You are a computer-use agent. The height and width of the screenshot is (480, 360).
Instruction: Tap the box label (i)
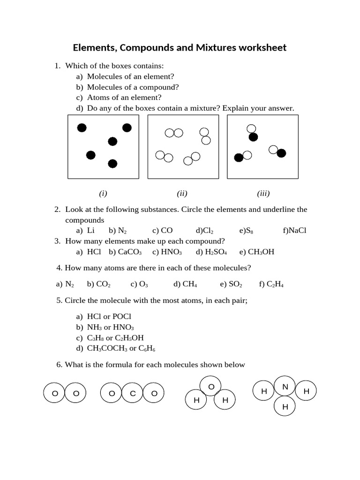point(103,193)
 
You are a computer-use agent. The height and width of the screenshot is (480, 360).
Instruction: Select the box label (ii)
point(182,193)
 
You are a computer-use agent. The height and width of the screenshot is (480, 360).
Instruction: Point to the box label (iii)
point(263,193)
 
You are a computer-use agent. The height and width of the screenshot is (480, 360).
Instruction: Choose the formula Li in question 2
point(91,231)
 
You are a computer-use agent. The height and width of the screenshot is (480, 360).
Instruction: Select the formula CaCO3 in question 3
point(130,252)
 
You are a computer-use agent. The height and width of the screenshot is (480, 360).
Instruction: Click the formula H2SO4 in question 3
point(216,252)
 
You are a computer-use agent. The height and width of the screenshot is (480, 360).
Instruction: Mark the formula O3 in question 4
point(143,284)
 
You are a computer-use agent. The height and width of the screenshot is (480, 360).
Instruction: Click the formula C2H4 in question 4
point(275,284)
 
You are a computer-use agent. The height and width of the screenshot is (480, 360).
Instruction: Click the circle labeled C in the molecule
point(133,393)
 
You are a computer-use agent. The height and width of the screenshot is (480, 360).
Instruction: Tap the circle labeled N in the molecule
point(285,387)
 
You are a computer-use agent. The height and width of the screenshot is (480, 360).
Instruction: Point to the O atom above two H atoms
point(211,386)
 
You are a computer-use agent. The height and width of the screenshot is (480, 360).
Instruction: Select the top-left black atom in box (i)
point(82,127)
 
